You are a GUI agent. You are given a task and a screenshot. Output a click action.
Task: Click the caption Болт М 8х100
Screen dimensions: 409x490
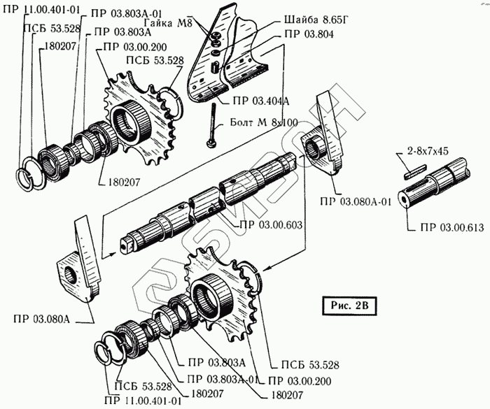point(264,123)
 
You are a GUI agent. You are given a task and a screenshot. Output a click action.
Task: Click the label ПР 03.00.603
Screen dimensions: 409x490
point(272,224)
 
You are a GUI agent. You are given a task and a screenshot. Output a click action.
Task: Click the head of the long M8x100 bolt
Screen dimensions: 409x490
point(211,144)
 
